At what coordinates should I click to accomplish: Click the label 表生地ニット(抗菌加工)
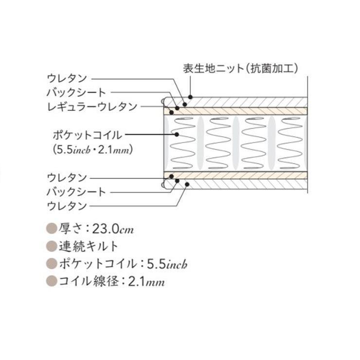(x=240, y=69)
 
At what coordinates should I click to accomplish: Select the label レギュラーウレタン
(x=92, y=107)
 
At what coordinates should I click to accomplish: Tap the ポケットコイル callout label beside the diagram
(x=88, y=135)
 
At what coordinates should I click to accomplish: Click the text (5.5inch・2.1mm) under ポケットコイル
(x=93, y=150)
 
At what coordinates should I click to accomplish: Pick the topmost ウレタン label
(x=67, y=78)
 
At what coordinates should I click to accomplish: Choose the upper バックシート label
(x=76, y=92)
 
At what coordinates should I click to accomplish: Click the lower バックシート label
(x=76, y=192)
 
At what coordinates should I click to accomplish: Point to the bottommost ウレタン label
(x=67, y=206)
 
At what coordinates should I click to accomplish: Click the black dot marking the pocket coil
(x=177, y=135)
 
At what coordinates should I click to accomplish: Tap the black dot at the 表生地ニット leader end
(x=190, y=97)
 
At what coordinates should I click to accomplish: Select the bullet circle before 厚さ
(x=52, y=229)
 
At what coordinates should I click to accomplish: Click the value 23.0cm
(x=113, y=229)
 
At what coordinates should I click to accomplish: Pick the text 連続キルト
(x=89, y=246)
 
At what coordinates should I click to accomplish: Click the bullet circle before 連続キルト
(x=52, y=246)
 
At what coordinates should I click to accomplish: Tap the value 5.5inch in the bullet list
(x=167, y=264)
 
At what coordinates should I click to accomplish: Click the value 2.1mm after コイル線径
(x=146, y=281)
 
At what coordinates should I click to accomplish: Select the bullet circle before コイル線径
(x=52, y=281)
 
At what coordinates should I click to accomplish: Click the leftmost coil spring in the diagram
(x=183, y=143)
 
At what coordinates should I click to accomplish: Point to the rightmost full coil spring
(x=290, y=143)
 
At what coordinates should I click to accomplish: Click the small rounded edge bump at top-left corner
(x=163, y=102)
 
